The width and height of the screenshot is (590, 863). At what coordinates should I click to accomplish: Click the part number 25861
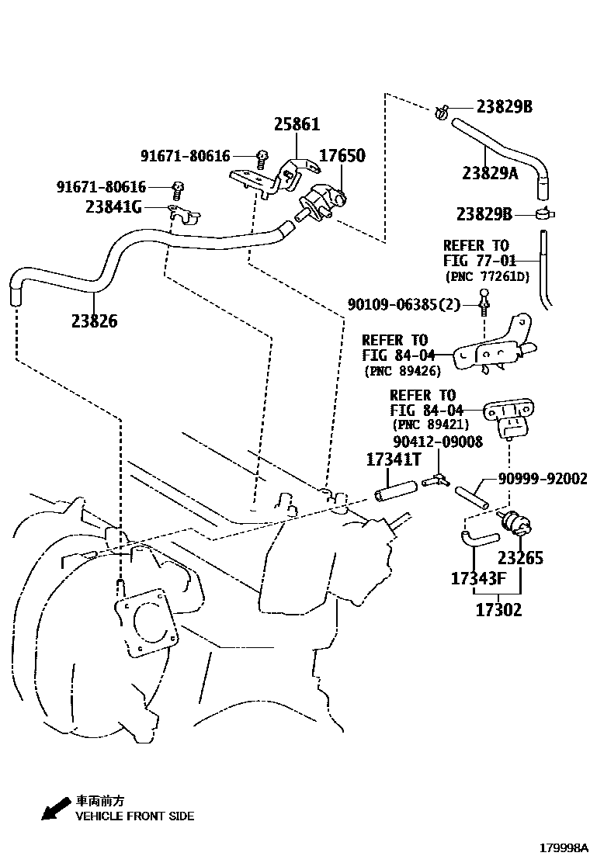(x=297, y=125)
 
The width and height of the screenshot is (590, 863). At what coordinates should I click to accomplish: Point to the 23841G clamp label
(x=114, y=207)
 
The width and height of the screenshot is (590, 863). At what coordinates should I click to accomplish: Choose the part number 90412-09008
(x=438, y=442)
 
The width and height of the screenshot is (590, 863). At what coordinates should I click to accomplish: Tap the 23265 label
(x=520, y=558)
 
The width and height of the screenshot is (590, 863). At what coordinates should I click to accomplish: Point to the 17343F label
(x=478, y=579)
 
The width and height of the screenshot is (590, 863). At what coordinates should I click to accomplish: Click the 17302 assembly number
(x=498, y=610)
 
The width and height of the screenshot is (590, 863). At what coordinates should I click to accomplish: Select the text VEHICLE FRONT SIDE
(x=134, y=816)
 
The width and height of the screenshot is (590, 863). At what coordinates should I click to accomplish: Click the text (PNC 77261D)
(x=487, y=276)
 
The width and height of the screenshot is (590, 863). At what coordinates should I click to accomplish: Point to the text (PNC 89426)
(x=402, y=371)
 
